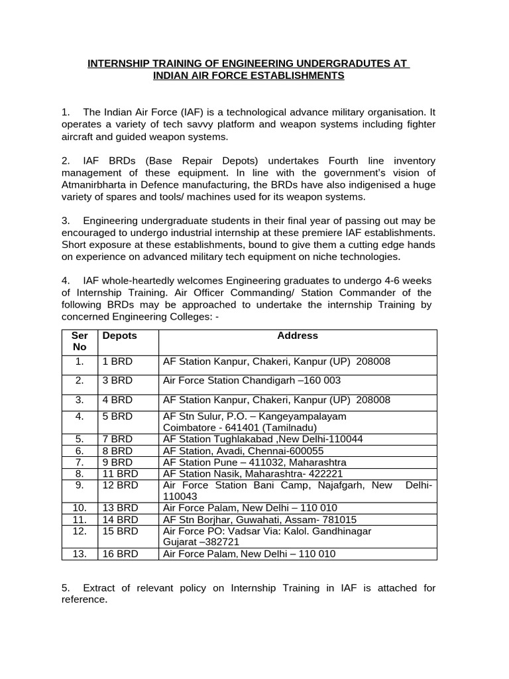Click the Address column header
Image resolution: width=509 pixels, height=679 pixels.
[x=298, y=336]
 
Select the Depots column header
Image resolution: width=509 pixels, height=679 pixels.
[x=119, y=336]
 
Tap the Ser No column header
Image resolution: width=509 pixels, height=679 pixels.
[x=80, y=341]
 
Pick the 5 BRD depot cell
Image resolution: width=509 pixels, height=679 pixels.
[x=117, y=416]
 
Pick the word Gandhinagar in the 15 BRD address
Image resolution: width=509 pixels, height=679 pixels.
[x=338, y=531]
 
